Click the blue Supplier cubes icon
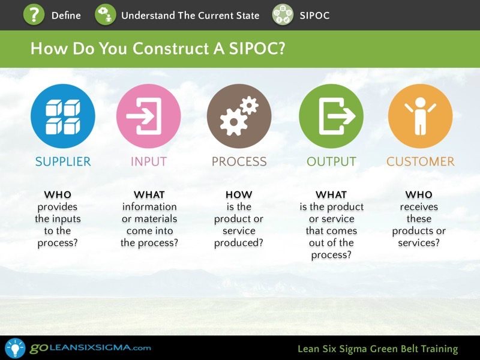pyautogui.click(x=63, y=116)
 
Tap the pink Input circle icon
pyautogui.click(x=148, y=116)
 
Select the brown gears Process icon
pyautogui.click(x=239, y=116)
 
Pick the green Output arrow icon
pyautogui.click(x=331, y=116)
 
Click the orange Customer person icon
pyautogui.click(x=421, y=116)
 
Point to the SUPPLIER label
pyautogui.click(x=63, y=161)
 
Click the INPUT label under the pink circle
pyautogui.click(x=149, y=161)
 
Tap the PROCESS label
pyautogui.click(x=239, y=161)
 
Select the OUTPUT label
pyautogui.click(x=332, y=161)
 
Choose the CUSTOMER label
pyautogui.click(x=421, y=161)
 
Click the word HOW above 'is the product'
pyautogui.click(x=239, y=194)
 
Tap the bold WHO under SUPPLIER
pyautogui.click(x=58, y=194)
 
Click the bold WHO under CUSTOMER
pyautogui.click(x=419, y=194)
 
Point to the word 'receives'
pyautogui.click(x=419, y=207)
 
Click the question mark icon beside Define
pyautogui.click(x=34, y=14)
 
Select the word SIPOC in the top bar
pyautogui.click(x=314, y=16)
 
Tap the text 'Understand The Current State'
pyautogui.click(x=190, y=16)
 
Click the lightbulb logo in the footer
pyautogui.click(x=15, y=348)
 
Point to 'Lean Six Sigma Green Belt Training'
pyautogui.click(x=378, y=349)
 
